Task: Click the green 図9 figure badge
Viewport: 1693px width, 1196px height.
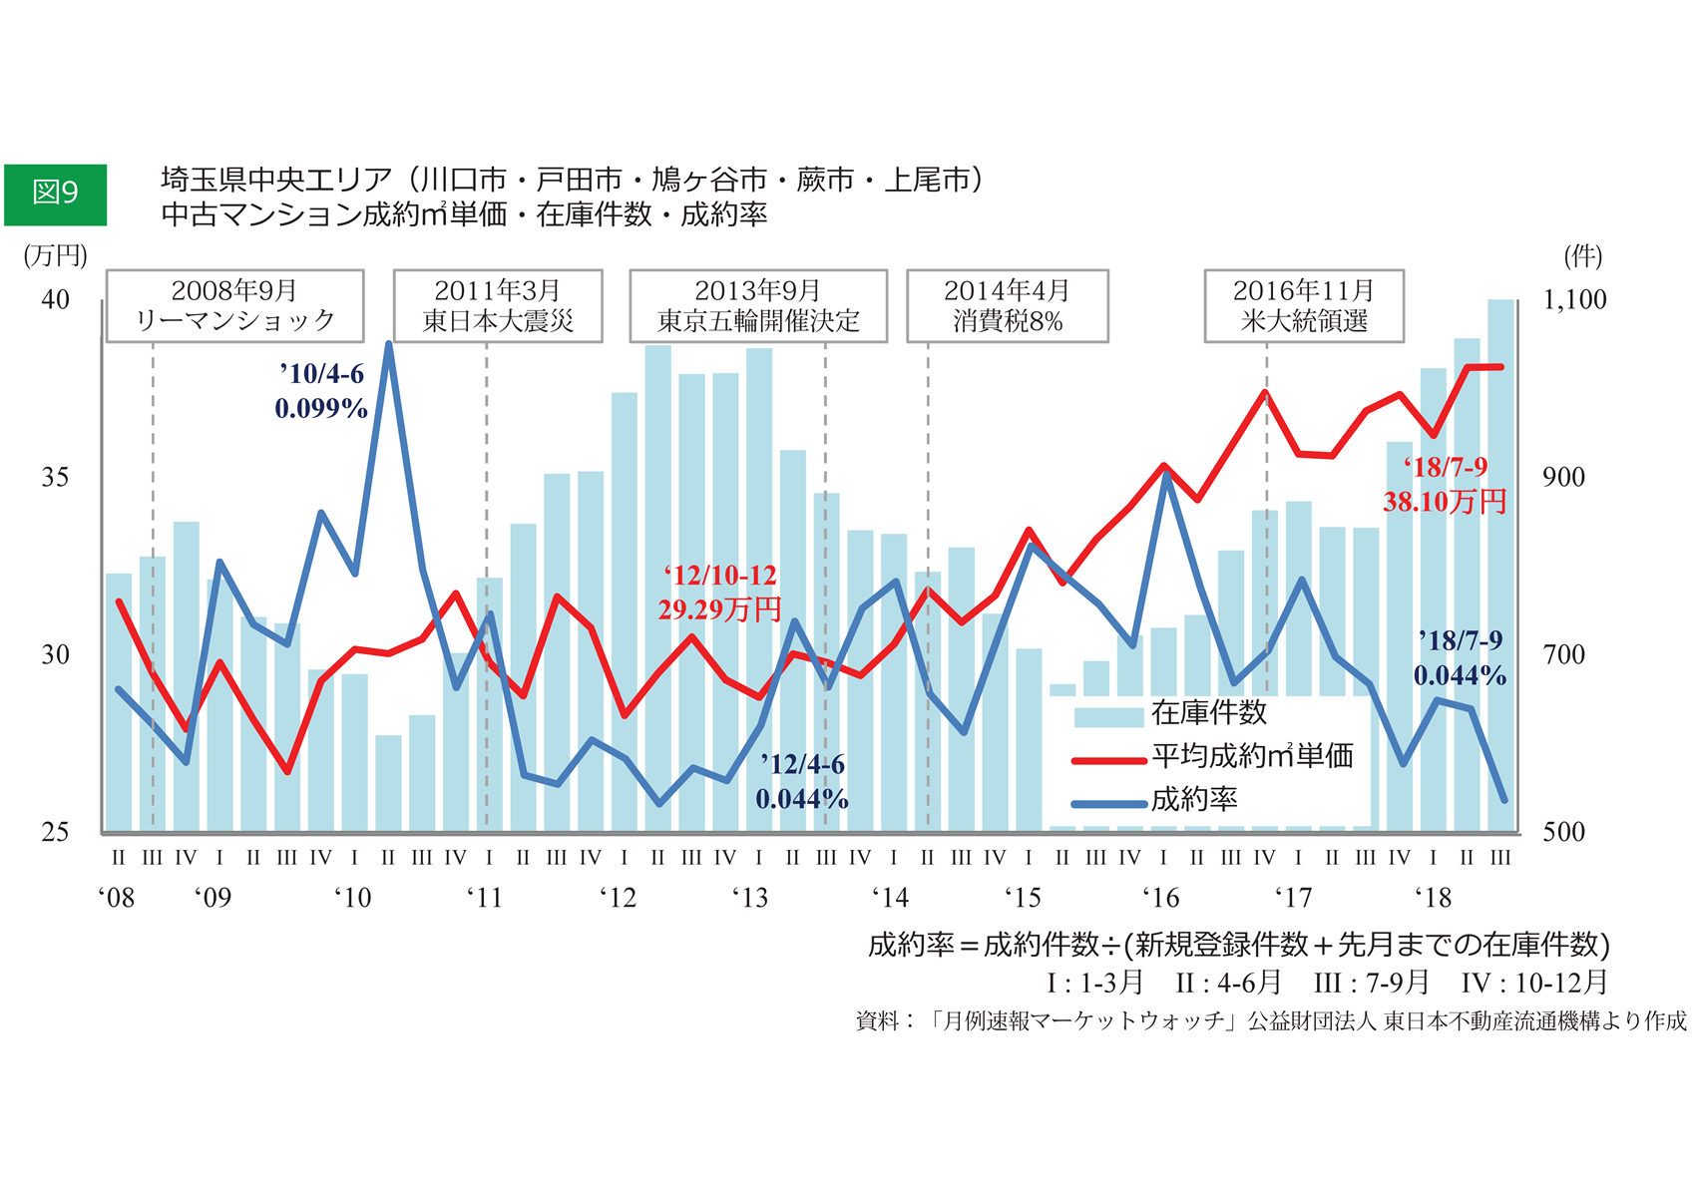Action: click(x=55, y=194)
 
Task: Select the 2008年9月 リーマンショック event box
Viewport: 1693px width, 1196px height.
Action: click(x=234, y=305)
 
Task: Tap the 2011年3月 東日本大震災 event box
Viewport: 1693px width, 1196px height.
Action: click(x=497, y=305)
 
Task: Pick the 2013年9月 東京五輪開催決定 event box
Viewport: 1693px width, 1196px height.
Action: click(x=757, y=305)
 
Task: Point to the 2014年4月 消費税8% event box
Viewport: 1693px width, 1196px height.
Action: click(x=1007, y=305)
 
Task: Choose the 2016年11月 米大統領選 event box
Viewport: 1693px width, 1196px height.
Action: click(x=1303, y=305)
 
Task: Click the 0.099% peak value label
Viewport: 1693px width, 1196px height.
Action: click(x=321, y=409)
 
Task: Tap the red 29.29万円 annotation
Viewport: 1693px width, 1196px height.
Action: click(x=719, y=609)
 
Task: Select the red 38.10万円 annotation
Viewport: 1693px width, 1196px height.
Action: click(x=1445, y=501)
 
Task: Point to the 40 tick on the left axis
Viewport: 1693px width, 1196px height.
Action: click(x=56, y=299)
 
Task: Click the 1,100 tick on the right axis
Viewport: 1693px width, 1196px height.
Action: click(x=1574, y=299)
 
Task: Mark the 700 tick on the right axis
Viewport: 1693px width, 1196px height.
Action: click(x=1563, y=654)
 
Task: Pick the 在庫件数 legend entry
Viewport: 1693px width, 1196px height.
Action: click(x=1208, y=713)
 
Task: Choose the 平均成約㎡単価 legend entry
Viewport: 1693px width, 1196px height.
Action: click(x=1252, y=756)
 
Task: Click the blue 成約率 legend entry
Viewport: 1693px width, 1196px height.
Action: click(x=1194, y=799)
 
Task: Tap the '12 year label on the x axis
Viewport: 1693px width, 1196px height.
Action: click(x=618, y=898)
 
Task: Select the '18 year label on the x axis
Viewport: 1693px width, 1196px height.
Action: click(x=1433, y=898)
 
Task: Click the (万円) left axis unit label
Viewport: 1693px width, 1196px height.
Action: click(x=56, y=256)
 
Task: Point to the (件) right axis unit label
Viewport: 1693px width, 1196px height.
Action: click(x=1582, y=256)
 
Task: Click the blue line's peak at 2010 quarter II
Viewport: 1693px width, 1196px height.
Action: click(x=388, y=345)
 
